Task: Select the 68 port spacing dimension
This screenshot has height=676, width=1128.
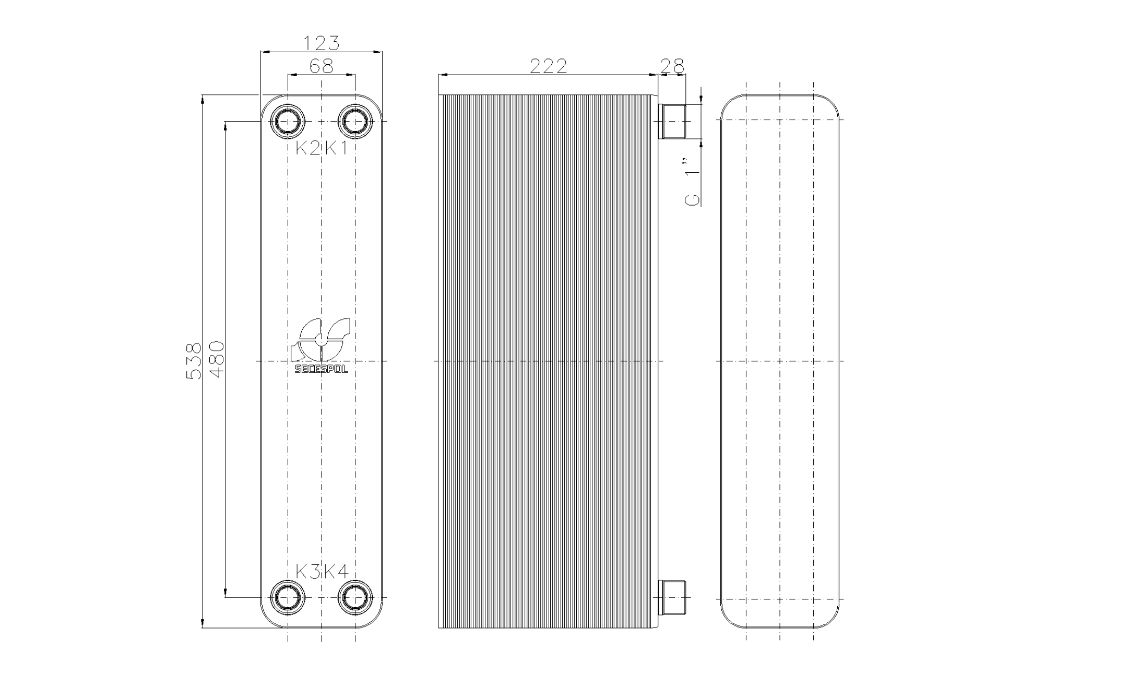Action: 321,66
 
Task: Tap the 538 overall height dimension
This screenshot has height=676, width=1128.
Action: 194,361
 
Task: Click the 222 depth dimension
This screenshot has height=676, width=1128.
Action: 548,66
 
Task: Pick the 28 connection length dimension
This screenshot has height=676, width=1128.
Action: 672,66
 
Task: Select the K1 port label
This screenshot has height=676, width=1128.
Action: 337,149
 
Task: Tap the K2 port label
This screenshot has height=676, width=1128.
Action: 307,149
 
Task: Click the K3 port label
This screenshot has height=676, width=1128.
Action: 307,572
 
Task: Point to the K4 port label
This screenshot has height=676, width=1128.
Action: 337,572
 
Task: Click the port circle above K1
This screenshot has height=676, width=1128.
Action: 355,122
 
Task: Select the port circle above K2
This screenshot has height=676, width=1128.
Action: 288,122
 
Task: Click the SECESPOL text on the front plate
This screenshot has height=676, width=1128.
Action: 321,369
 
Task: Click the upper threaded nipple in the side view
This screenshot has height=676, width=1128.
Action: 673,122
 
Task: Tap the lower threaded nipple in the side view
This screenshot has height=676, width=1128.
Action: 673,597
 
